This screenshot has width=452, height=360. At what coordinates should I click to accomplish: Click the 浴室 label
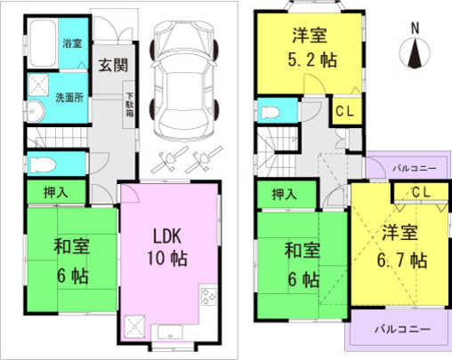tap(71, 43)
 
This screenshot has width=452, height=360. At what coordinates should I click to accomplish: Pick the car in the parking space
tap(185, 78)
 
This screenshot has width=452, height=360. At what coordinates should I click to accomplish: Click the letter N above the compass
tap(416, 29)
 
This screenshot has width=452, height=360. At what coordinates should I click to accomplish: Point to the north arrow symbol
tap(416, 55)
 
